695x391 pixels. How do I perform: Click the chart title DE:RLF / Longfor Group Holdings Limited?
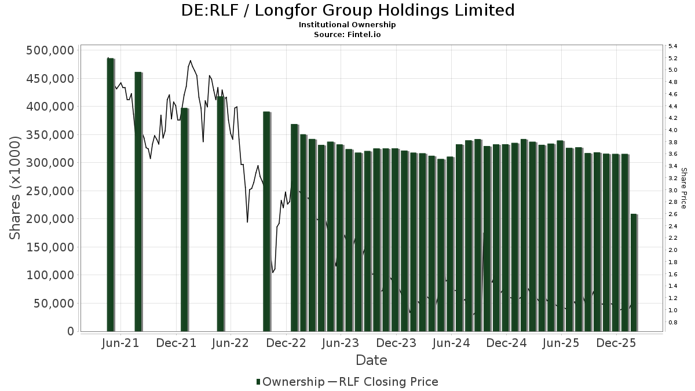[x=348, y=10]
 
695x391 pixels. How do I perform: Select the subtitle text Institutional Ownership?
[x=348, y=25]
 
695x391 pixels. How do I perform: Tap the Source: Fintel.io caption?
[x=348, y=34]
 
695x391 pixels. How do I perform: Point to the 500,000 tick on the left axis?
[x=50, y=50]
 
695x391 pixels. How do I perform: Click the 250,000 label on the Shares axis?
[x=50, y=191]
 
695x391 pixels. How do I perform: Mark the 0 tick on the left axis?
[x=70, y=331]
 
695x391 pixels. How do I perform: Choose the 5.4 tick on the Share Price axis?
[x=673, y=46]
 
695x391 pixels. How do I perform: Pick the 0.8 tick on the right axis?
[x=673, y=322]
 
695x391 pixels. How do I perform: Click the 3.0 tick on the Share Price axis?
[x=673, y=190]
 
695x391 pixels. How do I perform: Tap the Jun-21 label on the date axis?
[x=120, y=343]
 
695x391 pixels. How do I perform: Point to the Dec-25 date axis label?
[x=616, y=343]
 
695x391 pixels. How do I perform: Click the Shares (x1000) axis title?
[x=16, y=187]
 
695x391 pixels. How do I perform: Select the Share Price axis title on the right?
[x=684, y=188]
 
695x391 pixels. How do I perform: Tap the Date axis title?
[x=371, y=360]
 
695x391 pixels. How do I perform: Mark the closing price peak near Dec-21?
[x=190, y=60]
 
